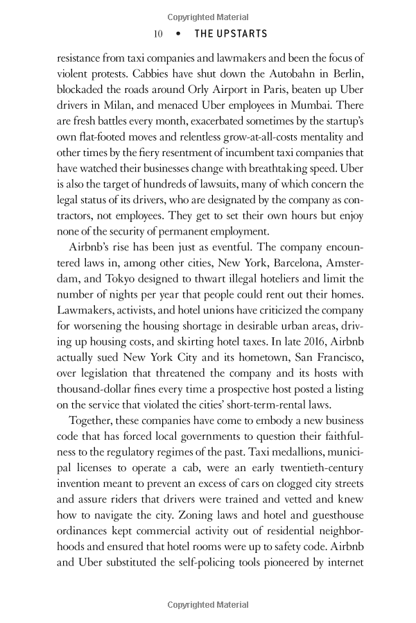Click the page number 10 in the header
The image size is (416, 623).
[157, 34]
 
